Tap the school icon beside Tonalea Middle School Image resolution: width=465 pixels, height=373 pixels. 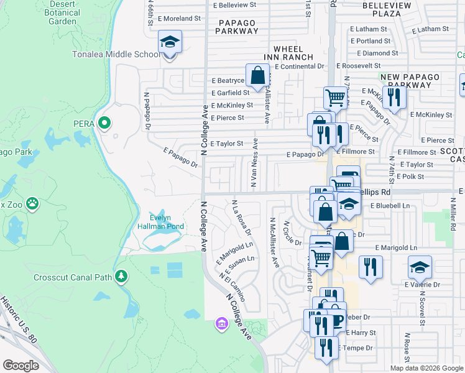pyautogui.click(x=170, y=42)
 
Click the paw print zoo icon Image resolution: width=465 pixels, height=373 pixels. pyautogui.click(x=32, y=203)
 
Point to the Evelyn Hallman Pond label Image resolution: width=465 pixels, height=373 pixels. pyautogui.click(x=160, y=222)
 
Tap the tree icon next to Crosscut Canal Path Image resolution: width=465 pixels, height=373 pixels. pyautogui.click(x=122, y=275)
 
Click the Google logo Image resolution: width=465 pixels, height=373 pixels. pyautogui.click(x=21, y=365)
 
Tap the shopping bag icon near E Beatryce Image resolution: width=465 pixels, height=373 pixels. pyautogui.click(x=257, y=76)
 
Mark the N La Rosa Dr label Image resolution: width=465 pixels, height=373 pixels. pyautogui.click(x=241, y=218)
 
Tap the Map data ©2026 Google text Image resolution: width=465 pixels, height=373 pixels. pyautogui.click(x=426, y=368)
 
